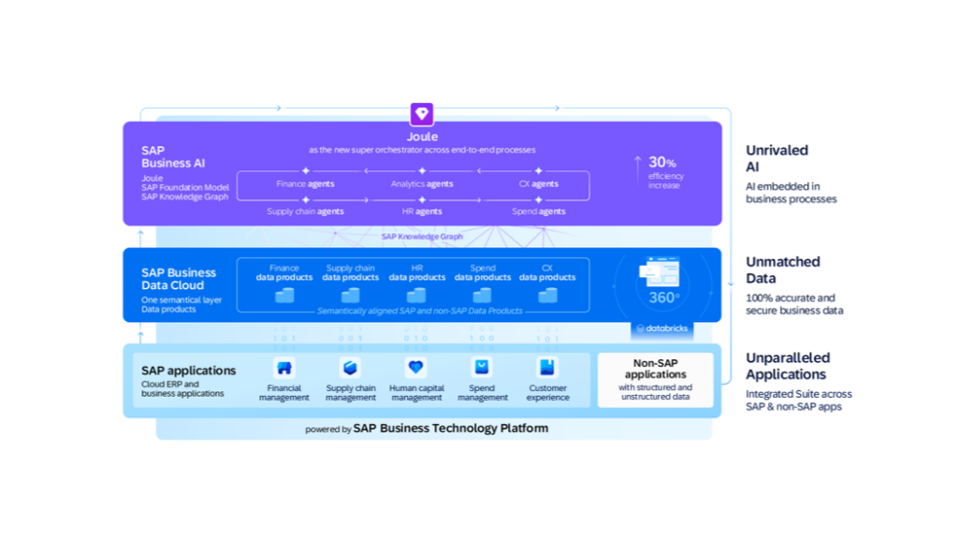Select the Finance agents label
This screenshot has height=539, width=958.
point(305,184)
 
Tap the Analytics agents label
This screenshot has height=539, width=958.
point(422,184)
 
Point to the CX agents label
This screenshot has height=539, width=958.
point(539,184)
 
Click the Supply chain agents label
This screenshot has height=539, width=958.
point(305,211)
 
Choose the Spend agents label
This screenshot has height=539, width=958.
point(539,211)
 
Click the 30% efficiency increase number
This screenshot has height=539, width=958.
point(662,163)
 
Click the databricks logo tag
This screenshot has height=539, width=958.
point(663,328)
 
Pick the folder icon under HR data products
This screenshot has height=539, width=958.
point(416,295)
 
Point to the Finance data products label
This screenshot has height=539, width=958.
point(284,272)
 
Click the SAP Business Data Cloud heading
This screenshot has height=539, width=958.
point(179,279)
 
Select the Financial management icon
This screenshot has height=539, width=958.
point(284,368)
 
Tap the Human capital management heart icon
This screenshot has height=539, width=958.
point(416,368)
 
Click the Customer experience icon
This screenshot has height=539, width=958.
point(547,368)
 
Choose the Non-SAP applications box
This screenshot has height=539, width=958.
point(655,380)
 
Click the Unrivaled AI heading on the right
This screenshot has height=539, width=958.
point(777,158)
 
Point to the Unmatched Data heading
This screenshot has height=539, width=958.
point(783,269)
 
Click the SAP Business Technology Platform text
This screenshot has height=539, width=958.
point(450,429)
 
